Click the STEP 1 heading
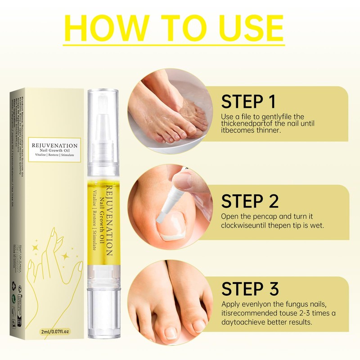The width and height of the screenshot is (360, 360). pyautogui.click(x=248, y=102)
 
